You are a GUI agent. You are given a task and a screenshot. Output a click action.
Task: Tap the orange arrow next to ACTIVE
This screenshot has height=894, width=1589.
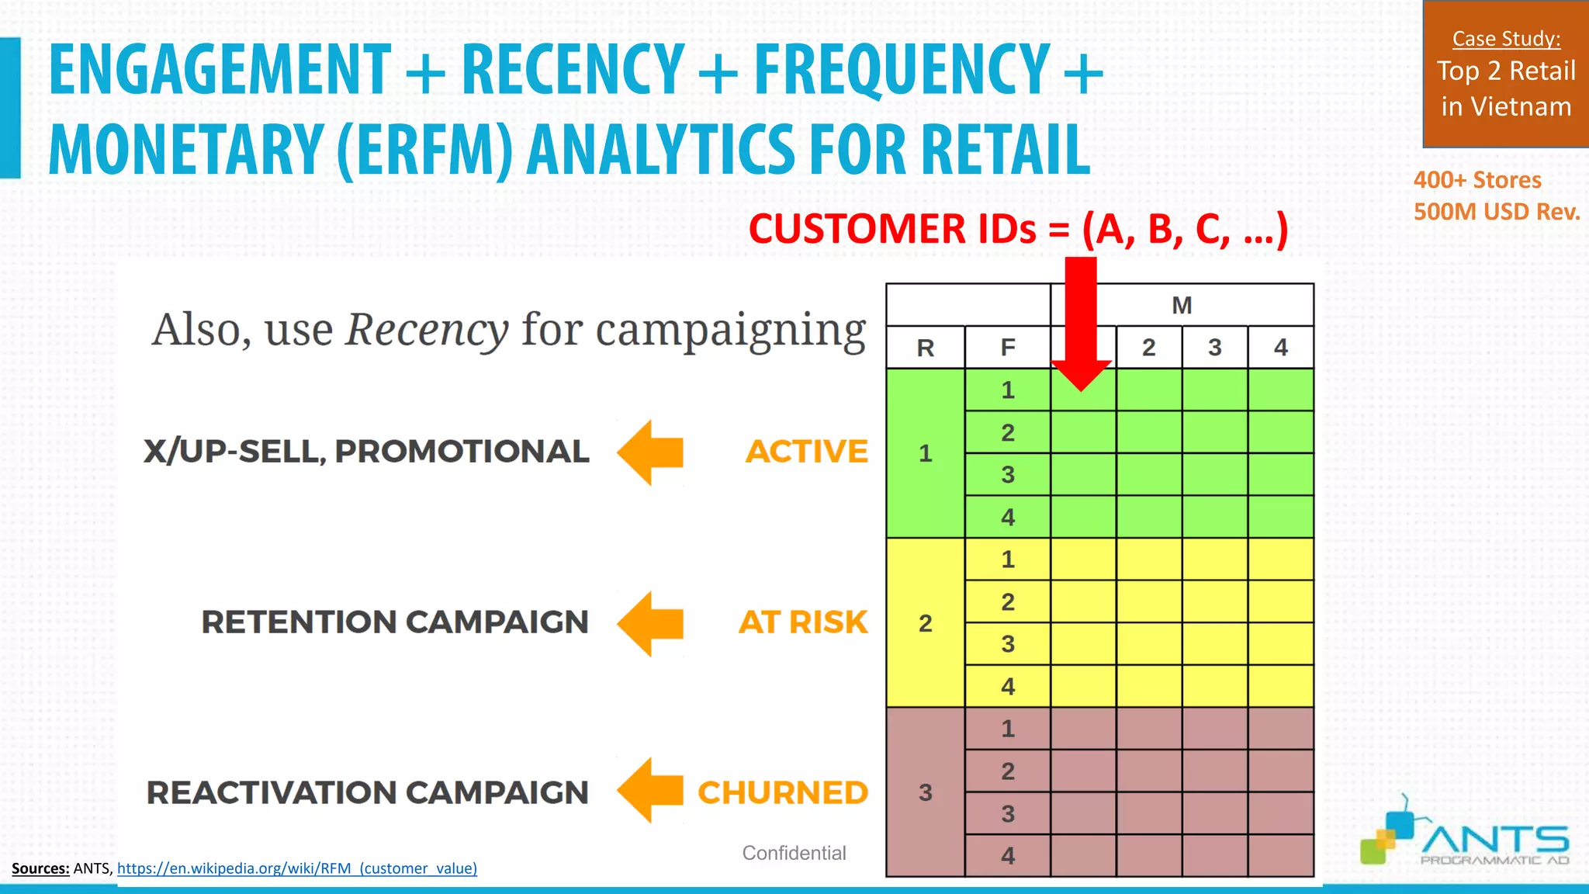[x=650, y=452]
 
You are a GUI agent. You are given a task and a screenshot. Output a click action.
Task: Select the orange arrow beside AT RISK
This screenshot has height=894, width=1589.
[x=650, y=623]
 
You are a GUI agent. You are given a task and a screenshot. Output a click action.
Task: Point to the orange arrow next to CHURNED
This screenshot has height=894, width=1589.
[x=650, y=790]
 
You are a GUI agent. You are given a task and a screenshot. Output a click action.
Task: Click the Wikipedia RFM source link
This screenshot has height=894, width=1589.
[x=297, y=868]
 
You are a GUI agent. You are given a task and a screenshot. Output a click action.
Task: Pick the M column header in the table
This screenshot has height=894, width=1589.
[x=1181, y=305]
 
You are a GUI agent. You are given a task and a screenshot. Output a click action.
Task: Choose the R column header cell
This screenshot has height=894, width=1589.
[x=925, y=348]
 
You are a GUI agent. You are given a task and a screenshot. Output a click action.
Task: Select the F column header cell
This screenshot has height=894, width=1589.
[x=1007, y=348]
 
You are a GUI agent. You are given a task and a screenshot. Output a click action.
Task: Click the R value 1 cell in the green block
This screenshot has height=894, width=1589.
[x=925, y=453]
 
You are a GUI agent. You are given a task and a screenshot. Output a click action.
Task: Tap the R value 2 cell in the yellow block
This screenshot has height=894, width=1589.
[x=925, y=622]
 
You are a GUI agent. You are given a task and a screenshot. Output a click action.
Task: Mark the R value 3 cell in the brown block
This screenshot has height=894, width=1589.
[x=925, y=792]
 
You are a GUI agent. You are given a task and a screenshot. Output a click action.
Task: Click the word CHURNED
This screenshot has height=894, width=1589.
[x=782, y=792]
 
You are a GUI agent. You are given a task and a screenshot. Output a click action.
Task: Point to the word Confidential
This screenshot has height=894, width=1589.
[x=794, y=853]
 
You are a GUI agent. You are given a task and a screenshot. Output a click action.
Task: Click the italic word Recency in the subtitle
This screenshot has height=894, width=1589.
[x=427, y=330]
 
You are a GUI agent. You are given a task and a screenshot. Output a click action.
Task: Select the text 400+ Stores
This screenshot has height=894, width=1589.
[x=1476, y=180]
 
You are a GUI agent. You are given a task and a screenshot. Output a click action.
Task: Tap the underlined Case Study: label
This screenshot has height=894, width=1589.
[x=1506, y=39]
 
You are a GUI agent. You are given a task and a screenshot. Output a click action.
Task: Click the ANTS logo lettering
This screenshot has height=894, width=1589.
[x=1494, y=840]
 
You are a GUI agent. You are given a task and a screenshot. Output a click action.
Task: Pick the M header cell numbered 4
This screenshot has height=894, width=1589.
[x=1280, y=347]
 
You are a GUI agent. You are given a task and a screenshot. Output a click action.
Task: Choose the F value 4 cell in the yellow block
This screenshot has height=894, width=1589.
[x=1007, y=686]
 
